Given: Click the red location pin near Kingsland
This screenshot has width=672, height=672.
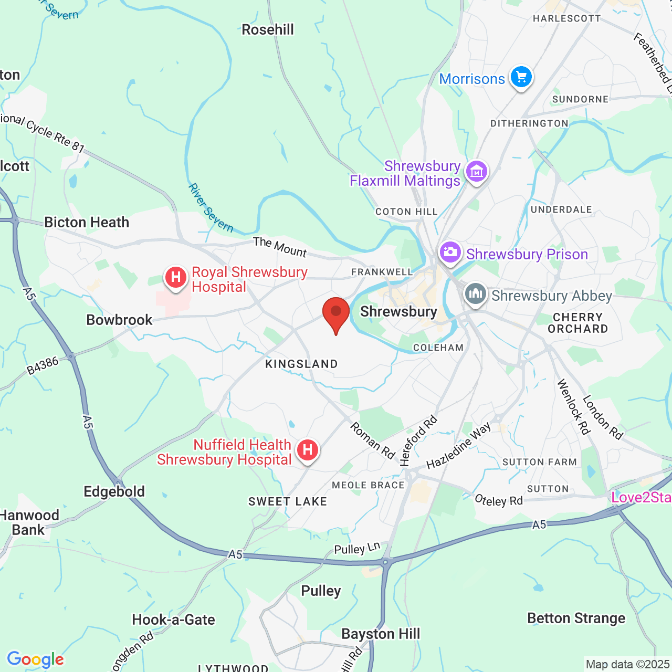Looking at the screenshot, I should [x=336, y=314].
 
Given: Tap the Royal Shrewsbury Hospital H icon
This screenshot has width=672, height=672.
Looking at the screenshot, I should [x=176, y=277].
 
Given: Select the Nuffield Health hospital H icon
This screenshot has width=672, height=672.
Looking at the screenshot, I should [x=308, y=450].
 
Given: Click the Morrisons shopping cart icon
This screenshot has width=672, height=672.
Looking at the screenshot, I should [x=521, y=77].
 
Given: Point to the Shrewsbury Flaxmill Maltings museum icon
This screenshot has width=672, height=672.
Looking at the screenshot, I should [x=477, y=172].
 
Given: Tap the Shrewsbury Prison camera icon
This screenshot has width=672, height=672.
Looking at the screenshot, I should [x=450, y=253].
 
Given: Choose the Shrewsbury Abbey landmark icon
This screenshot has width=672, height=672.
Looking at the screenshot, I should [x=476, y=294].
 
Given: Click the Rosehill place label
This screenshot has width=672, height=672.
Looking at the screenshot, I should [x=268, y=30].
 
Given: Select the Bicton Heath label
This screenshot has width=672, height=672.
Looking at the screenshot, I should [x=87, y=223].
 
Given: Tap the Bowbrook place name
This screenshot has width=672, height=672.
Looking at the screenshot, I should [x=119, y=320].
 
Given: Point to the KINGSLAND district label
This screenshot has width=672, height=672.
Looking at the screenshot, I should [x=301, y=364].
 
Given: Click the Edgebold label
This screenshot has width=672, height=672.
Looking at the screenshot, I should [x=114, y=492].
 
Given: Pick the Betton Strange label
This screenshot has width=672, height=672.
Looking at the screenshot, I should [x=576, y=618].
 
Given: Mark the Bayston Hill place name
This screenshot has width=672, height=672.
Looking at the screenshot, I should [x=381, y=634].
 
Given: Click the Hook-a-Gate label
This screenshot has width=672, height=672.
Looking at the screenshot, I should [x=173, y=620].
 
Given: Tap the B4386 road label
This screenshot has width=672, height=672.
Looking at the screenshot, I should [x=43, y=366].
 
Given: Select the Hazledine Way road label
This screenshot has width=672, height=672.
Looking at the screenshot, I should [x=458, y=446].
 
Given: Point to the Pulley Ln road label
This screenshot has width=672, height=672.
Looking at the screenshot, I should [x=357, y=549].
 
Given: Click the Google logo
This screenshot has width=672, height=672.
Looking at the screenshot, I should [x=35, y=659].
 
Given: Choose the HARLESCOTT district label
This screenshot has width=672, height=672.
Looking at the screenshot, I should [x=566, y=19].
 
